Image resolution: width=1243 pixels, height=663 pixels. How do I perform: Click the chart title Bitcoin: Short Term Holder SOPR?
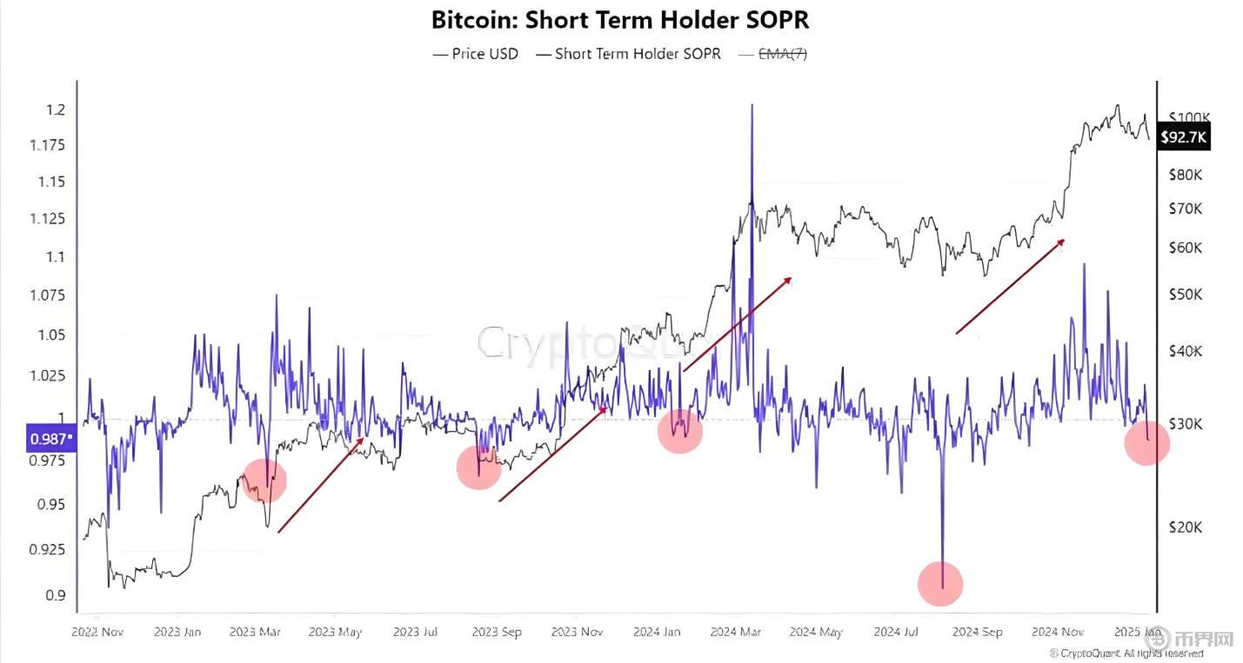point(620,19)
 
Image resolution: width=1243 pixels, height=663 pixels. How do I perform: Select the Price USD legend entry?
point(476,54)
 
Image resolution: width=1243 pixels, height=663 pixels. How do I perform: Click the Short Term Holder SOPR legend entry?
point(628,54)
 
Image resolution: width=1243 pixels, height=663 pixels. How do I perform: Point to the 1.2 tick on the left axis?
point(56,110)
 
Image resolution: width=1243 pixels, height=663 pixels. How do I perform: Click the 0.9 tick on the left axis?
point(56,596)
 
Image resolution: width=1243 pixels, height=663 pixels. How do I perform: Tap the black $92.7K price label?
point(1184,136)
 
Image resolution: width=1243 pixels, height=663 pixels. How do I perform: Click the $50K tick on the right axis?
point(1186,295)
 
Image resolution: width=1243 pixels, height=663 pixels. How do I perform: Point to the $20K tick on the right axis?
point(1186,527)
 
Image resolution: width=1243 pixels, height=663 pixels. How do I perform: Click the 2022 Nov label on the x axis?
point(97,633)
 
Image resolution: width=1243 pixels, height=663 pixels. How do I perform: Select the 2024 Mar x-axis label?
point(736,633)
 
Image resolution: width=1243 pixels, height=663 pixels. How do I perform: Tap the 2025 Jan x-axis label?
point(1135,633)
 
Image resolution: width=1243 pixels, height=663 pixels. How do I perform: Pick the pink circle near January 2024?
point(679,431)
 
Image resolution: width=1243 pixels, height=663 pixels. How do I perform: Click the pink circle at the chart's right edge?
point(1146,443)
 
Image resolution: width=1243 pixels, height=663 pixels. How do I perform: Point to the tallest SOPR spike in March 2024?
point(752,106)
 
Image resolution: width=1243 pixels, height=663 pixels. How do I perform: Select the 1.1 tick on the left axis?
point(56,257)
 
